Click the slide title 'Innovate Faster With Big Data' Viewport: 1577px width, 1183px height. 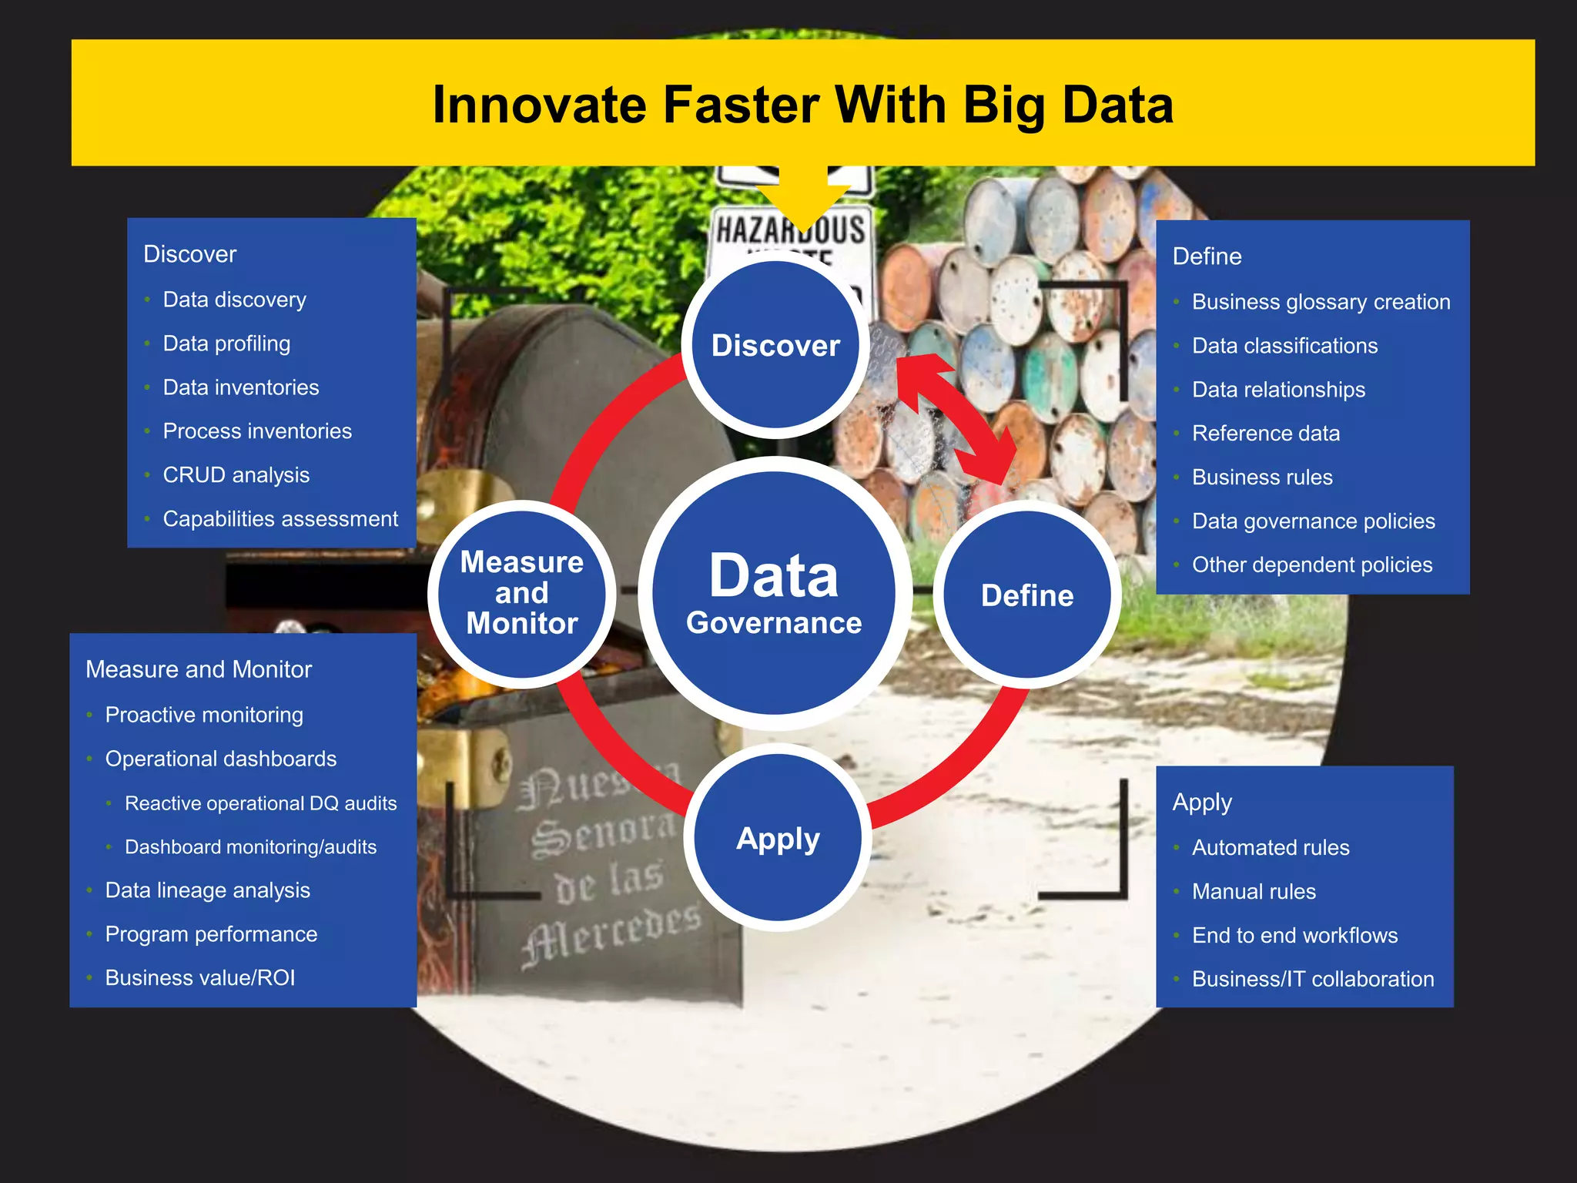click(x=802, y=105)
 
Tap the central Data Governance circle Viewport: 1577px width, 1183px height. click(x=775, y=593)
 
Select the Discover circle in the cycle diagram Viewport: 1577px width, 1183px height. click(x=775, y=346)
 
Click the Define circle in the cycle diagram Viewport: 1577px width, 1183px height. click(x=1027, y=595)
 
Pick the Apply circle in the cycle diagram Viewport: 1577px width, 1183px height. click(x=778, y=838)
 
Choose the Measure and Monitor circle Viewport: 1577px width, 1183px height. click(x=522, y=593)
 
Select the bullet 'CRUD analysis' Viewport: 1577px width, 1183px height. click(x=236, y=475)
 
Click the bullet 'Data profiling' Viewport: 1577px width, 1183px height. click(x=226, y=344)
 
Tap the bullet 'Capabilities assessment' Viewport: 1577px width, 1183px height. click(x=280, y=519)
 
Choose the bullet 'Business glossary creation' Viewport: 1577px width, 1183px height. click(x=1321, y=302)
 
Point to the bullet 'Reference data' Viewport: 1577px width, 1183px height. click(x=1265, y=434)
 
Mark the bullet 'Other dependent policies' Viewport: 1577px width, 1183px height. click(x=1311, y=565)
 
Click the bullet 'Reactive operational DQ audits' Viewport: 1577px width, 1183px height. click(x=260, y=803)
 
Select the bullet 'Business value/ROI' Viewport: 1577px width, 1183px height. click(x=200, y=978)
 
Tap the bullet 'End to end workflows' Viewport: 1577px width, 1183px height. click(x=1294, y=936)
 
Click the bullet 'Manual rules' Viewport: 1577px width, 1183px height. click(x=1254, y=892)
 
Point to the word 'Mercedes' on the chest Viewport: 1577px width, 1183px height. click(x=612, y=933)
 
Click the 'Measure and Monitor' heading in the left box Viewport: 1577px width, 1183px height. click(x=199, y=669)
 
